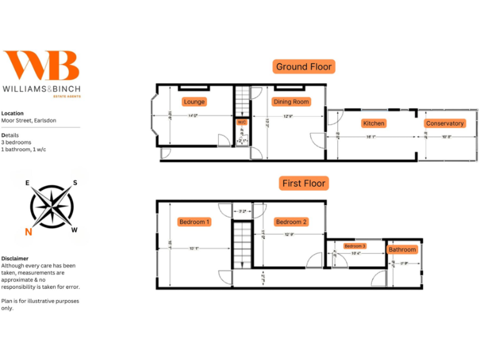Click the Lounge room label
[194, 102]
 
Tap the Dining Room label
[291, 102]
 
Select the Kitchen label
[374, 123]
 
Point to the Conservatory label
[444, 123]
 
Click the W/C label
[242, 122]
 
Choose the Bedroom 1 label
[194, 222]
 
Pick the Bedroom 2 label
[291, 222]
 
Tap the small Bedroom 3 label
[354, 246]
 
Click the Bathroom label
[402, 249]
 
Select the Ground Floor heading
[304, 67]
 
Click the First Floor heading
[304, 184]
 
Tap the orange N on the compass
[28, 232]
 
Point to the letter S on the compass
[75, 183]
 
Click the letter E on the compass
[27, 183]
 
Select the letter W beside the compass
[74, 230]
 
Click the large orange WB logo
[42, 66]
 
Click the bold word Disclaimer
[14, 258]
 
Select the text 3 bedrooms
[16, 142]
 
